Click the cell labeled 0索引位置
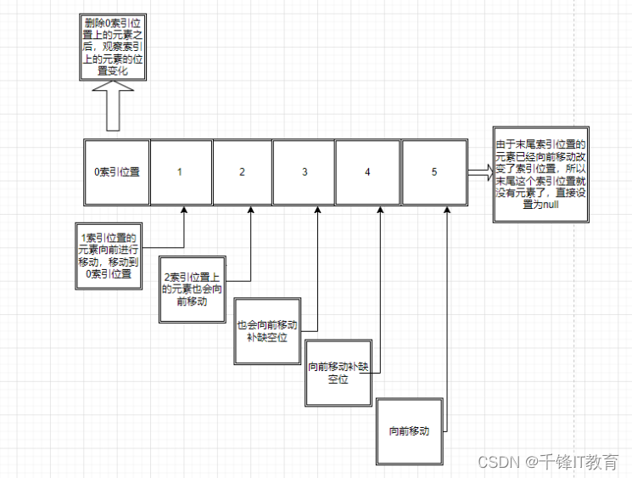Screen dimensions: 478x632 pos(116,172)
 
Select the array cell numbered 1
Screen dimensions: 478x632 pos(180,172)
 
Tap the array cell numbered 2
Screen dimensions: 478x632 pos(242,172)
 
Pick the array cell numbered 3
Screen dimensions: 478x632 pos(305,172)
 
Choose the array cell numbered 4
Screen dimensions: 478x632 pos(367,172)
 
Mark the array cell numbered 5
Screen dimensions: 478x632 pos(434,172)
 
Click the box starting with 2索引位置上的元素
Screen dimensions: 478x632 pos(194,290)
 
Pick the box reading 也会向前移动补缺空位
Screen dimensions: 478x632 pos(267,331)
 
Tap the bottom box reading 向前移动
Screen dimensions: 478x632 pos(409,430)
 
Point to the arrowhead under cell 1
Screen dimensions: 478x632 pos(184,211)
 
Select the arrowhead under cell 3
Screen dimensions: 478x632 pos(317,211)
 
